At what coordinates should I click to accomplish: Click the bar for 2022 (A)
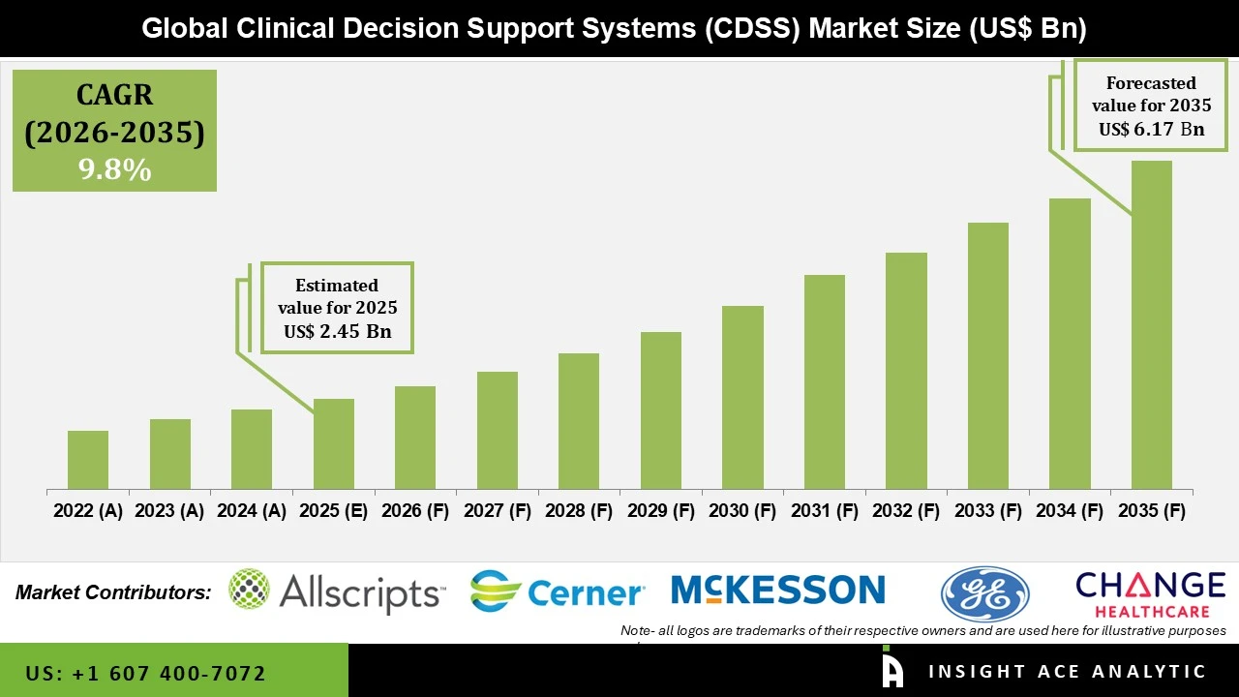click(88, 460)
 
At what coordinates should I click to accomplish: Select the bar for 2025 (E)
click(334, 443)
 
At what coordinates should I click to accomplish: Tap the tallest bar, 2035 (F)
click(1151, 324)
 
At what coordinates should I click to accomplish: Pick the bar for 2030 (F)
click(742, 397)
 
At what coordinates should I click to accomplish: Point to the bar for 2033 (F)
click(987, 355)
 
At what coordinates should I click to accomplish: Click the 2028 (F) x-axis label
click(578, 510)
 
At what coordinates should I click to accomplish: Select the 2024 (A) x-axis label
click(252, 510)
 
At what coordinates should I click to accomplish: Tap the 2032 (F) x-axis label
click(905, 510)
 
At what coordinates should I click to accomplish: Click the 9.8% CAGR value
click(114, 170)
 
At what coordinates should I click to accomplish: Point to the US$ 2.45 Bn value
click(337, 331)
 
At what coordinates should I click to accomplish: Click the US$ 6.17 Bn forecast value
click(1151, 129)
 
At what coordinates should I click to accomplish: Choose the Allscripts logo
click(337, 591)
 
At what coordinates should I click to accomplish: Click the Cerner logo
click(558, 591)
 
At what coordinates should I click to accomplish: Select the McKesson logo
click(777, 590)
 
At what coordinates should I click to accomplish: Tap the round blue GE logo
click(984, 593)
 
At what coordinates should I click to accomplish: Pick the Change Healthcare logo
click(1150, 592)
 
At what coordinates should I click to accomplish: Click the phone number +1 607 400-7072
click(146, 673)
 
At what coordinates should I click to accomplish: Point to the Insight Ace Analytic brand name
click(1068, 672)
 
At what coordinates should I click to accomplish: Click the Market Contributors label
click(113, 591)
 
